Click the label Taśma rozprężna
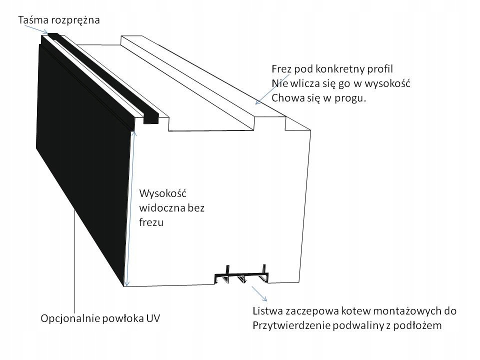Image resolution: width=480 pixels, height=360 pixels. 59,20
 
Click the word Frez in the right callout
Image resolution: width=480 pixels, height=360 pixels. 281,68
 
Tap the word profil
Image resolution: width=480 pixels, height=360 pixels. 381,68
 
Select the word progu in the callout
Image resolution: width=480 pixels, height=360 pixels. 351,98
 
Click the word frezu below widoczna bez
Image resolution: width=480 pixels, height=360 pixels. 151,223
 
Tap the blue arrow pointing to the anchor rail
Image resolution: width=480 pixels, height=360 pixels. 259,293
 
